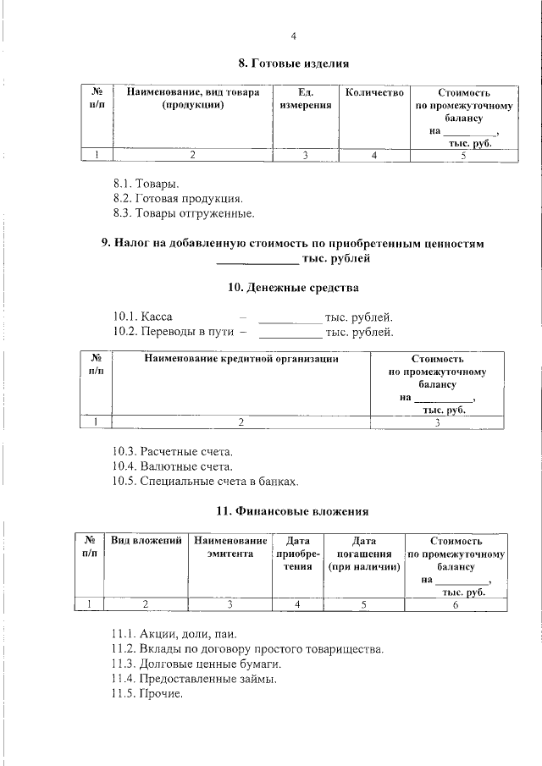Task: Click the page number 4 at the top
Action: [293, 36]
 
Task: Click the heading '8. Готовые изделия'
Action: [293, 63]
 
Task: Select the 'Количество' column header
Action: [373, 91]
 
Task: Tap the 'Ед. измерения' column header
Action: [306, 98]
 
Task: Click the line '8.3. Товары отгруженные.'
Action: [183, 213]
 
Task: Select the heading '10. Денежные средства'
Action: [293, 288]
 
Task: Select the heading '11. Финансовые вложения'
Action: [293, 511]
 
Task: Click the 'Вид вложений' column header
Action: [147, 540]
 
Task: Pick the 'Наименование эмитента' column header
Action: [230, 547]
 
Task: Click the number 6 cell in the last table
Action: [456, 603]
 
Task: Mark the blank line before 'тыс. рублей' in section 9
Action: [264, 260]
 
